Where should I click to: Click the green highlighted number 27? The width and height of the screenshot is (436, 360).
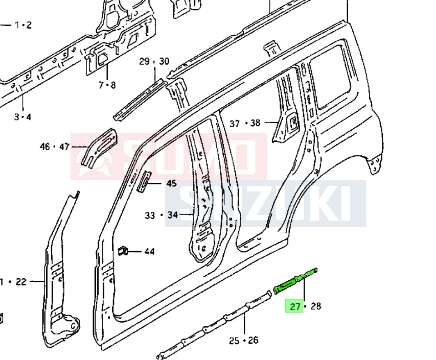[295, 306]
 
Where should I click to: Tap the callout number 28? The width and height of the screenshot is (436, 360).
[316, 306]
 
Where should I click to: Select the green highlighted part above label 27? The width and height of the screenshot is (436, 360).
[295, 280]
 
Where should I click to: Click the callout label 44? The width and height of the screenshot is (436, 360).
[150, 252]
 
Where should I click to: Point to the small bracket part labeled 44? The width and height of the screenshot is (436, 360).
[123, 251]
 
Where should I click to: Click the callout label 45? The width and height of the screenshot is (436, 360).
[172, 183]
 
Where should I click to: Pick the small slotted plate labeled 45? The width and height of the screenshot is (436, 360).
[144, 181]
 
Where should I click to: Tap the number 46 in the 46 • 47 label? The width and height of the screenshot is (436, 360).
[45, 147]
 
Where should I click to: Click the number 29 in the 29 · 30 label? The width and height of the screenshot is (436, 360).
[144, 61]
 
